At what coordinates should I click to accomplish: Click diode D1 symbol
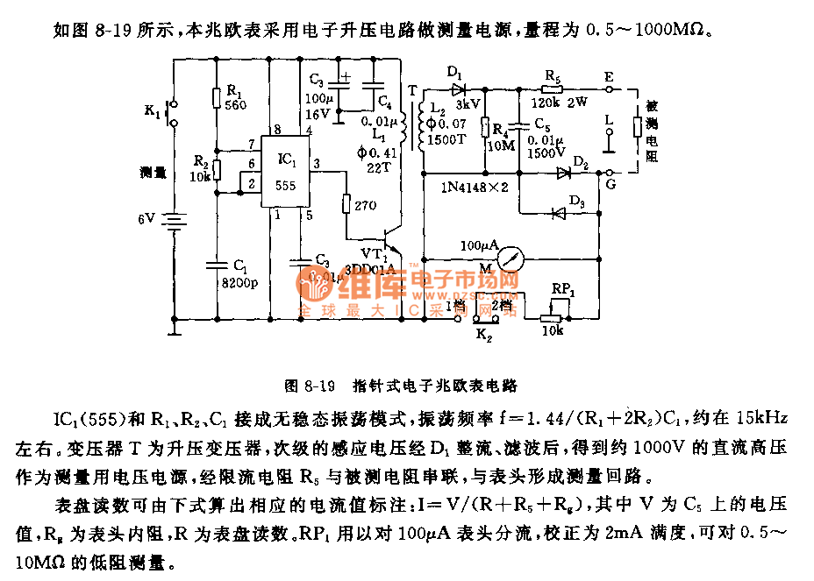(x=457, y=89)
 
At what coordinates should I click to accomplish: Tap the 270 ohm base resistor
(x=346, y=204)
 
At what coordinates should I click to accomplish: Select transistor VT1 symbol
(x=393, y=241)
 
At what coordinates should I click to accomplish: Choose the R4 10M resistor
(x=486, y=128)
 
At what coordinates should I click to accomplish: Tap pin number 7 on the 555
(x=251, y=144)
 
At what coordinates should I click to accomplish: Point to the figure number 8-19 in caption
(x=322, y=385)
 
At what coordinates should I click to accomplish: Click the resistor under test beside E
(x=638, y=128)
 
